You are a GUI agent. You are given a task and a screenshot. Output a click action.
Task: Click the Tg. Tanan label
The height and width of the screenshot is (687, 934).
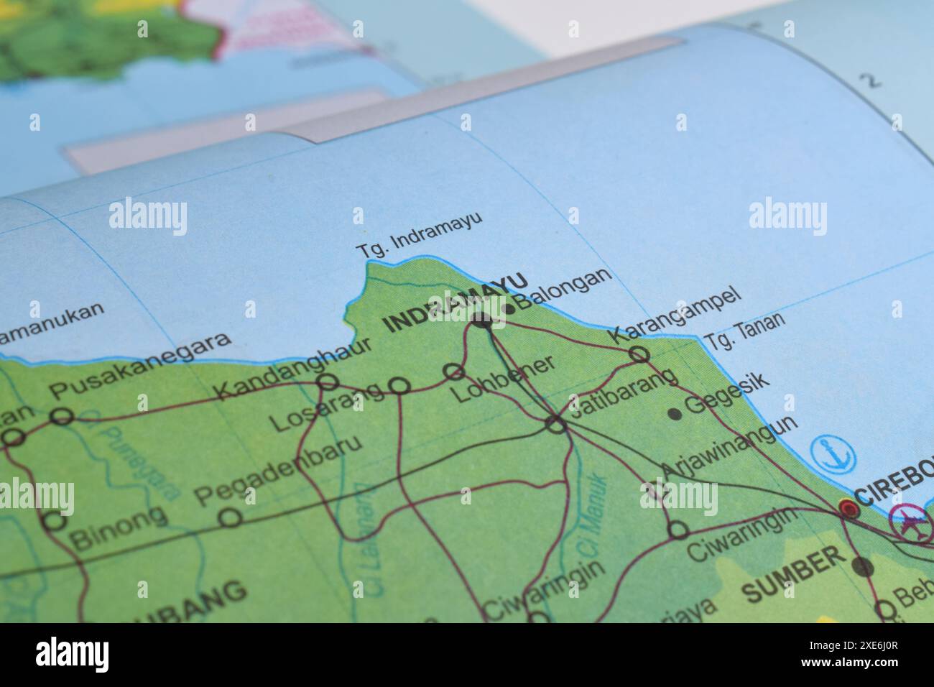tap(744, 331)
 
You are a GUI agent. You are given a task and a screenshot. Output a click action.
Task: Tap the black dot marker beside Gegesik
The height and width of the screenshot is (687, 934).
tap(674, 413)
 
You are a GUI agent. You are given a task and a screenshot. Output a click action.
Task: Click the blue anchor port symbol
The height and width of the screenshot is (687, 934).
tap(833, 453)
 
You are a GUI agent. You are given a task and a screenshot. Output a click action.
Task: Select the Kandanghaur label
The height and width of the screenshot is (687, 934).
tap(295, 368)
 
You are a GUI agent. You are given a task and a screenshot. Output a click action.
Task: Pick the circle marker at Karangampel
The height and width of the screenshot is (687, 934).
tap(639, 354)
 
